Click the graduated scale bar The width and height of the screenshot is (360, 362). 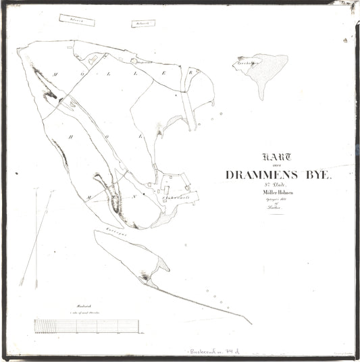(x=88, y=326)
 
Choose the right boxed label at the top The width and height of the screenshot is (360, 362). (x=142, y=22)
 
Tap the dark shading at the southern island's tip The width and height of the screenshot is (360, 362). (x=145, y=277)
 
